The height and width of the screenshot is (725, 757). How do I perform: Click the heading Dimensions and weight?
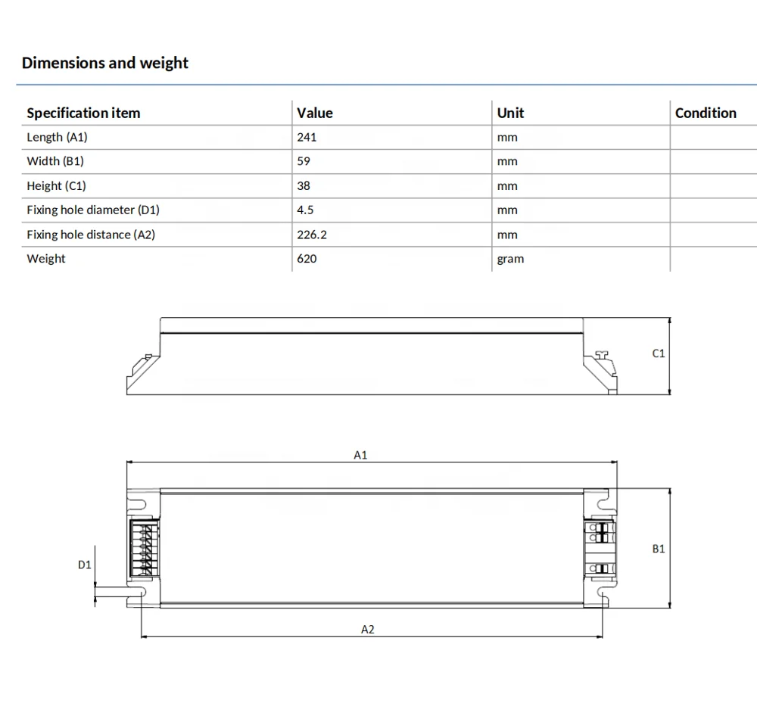(x=104, y=63)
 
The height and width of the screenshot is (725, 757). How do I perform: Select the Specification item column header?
(x=83, y=113)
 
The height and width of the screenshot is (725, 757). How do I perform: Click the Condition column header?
(x=706, y=113)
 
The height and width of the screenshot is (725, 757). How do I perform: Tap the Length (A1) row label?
(x=57, y=137)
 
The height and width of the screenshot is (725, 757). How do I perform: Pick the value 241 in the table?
(x=307, y=137)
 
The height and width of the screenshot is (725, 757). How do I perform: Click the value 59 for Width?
(x=304, y=161)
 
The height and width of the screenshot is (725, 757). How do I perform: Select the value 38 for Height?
(x=304, y=185)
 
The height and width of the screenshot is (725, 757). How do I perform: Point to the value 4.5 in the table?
(x=305, y=210)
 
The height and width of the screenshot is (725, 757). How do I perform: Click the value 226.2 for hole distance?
(x=312, y=235)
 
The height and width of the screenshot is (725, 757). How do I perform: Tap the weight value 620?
(x=307, y=259)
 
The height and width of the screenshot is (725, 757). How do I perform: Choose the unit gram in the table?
(x=510, y=259)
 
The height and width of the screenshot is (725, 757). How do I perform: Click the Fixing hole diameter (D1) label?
(x=93, y=210)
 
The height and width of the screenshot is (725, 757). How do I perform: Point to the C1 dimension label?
(x=658, y=353)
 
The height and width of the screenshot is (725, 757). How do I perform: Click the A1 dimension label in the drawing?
(x=360, y=455)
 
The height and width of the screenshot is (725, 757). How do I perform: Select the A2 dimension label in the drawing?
(x=367, y=630)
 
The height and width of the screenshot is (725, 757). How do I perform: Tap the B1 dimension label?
(x=658, y=549)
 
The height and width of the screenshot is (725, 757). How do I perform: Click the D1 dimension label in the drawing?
(x=84, y=565)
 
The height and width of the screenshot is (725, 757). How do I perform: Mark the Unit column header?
(x=510, y=113)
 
